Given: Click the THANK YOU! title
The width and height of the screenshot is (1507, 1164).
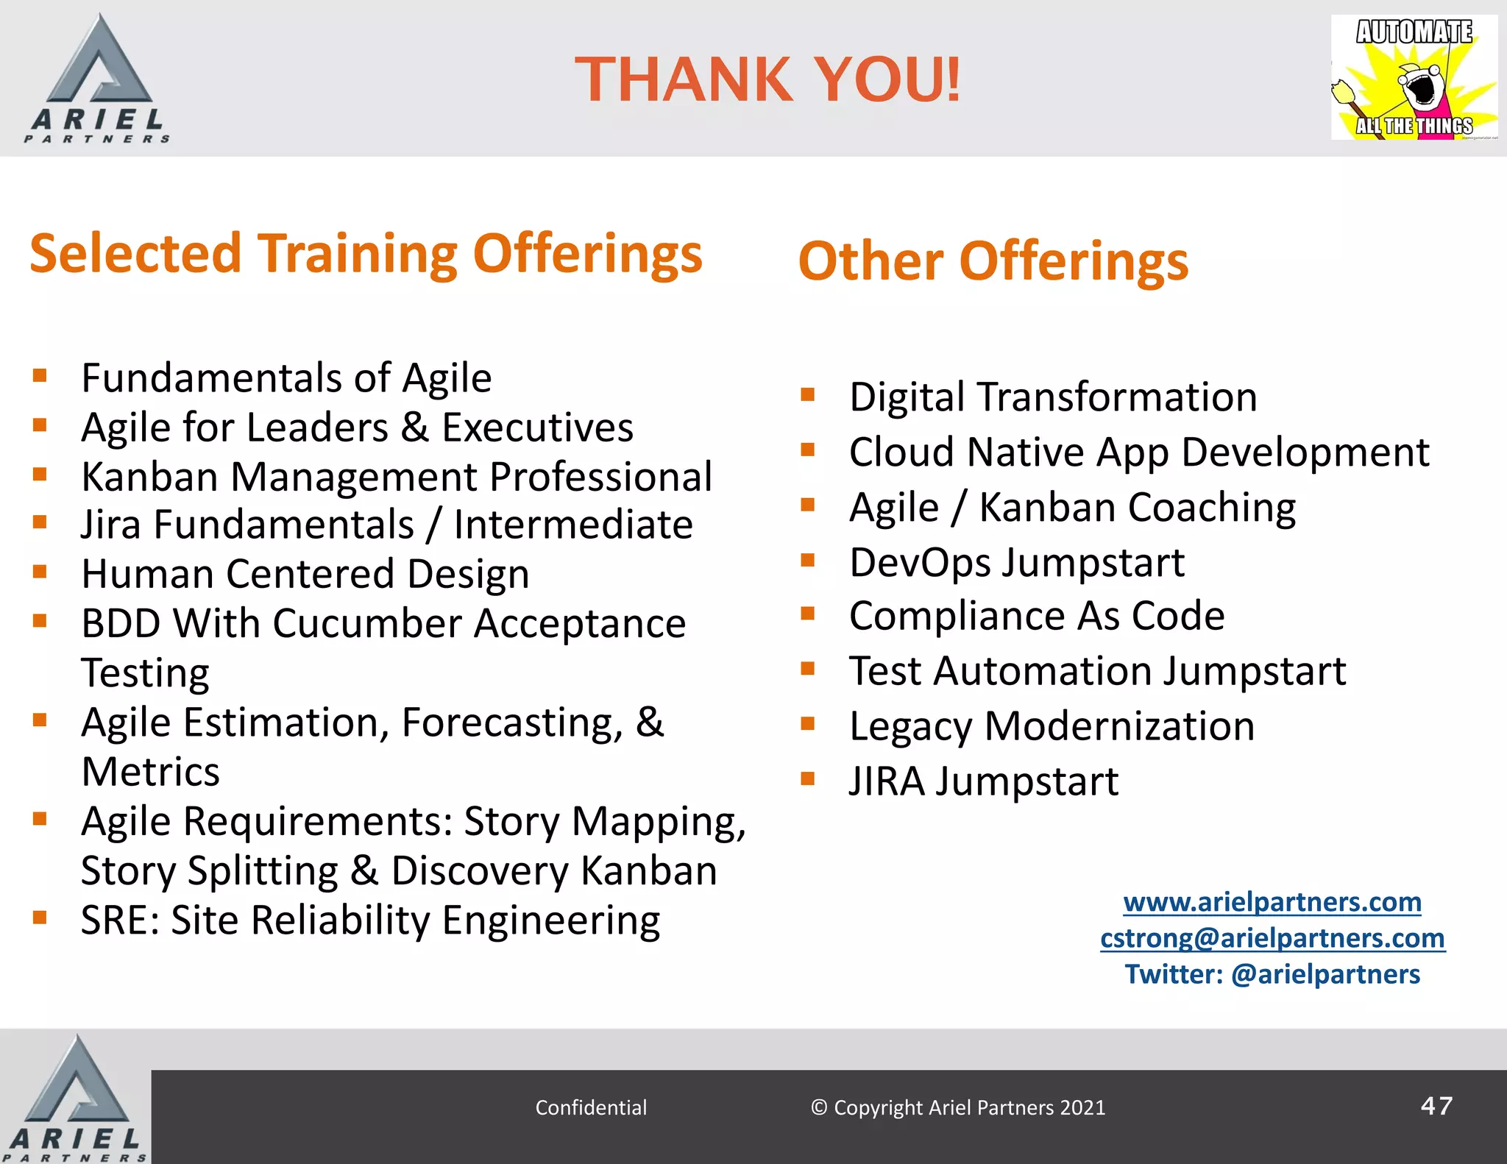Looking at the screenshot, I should point(767,79).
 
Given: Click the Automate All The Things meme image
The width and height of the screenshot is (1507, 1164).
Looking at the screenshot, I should point(1414,78).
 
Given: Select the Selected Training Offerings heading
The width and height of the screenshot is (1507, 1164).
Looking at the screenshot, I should point(366,254).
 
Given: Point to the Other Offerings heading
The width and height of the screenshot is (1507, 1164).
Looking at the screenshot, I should point(993,262).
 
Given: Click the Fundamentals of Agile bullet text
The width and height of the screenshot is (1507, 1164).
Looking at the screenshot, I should point(286,378).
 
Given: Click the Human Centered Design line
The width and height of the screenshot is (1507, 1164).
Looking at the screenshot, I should point(305,574).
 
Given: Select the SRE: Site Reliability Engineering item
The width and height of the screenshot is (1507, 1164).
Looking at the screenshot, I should point(370,920).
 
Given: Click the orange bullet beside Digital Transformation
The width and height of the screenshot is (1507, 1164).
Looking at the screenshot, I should point(808,394).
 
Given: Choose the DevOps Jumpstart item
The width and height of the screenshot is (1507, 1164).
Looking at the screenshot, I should point(1016,563).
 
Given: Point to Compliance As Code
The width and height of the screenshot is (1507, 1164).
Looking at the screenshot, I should point(1036,616).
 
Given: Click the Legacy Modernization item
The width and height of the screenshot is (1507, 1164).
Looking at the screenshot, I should point(1052,726).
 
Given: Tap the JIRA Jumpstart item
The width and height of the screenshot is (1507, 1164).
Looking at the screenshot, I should point(983,781).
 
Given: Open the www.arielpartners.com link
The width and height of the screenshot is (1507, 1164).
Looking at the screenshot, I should point(1272,902).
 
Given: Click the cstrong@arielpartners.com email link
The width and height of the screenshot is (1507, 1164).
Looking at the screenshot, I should point(1272,938).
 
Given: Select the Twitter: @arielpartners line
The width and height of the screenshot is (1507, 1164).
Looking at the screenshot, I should point(1272,974).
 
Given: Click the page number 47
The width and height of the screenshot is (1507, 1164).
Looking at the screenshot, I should point(1436,1106).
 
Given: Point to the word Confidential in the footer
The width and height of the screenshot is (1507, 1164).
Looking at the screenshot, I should point(591,1107).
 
